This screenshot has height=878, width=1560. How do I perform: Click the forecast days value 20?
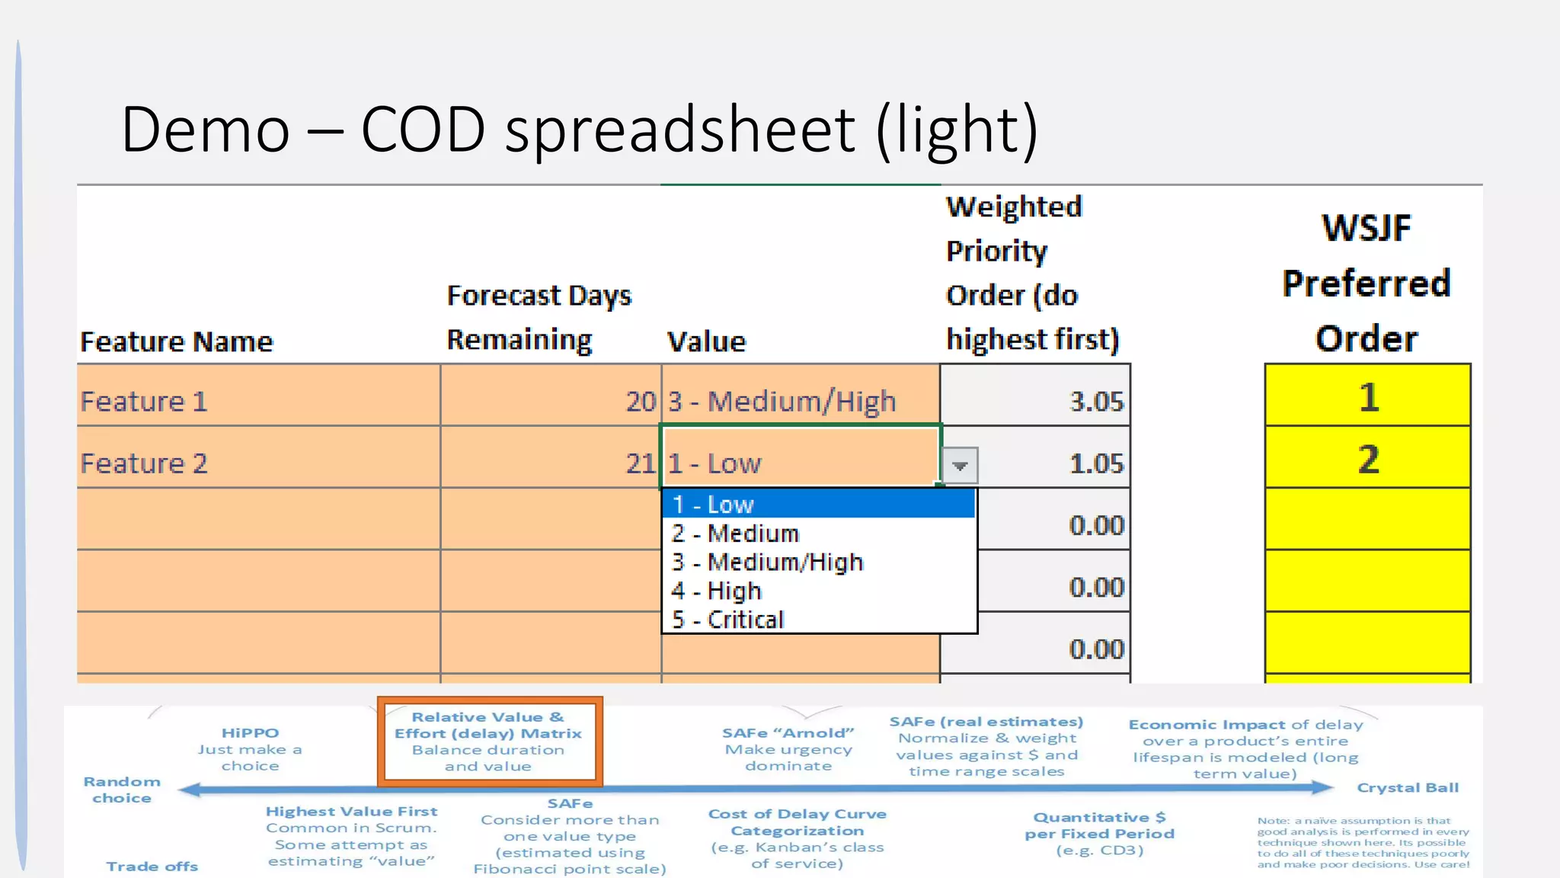640,402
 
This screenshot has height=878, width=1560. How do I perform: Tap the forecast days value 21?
640,463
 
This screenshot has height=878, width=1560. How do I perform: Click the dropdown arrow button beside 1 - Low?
960,465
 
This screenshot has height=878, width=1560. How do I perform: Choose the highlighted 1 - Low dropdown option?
818,505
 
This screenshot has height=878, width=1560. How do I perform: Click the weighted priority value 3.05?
1096,402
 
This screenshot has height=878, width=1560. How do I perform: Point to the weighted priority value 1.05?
1096,463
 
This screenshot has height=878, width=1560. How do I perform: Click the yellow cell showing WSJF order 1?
1367,397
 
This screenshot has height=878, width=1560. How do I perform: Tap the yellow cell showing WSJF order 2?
1367,460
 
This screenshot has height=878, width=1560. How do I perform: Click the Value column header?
706,341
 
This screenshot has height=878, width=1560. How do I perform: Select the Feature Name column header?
176,341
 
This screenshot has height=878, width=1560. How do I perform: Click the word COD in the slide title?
423,129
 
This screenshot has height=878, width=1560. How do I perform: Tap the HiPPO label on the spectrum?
250,733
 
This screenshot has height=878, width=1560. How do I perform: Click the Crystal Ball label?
1408,788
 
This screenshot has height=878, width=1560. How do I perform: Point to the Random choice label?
122,790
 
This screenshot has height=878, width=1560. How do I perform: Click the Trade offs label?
152,867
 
